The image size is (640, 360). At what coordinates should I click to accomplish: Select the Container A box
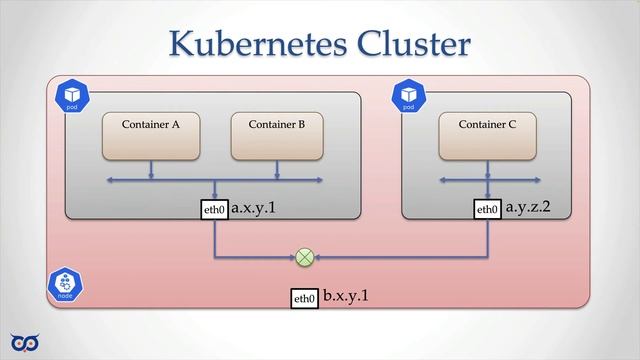[x=151, y=136]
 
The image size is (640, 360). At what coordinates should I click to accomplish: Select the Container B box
[x=277, y=136]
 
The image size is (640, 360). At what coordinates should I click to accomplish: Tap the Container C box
[x=487, y=136]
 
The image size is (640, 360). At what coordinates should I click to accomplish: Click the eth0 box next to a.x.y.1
[x=215, y=210]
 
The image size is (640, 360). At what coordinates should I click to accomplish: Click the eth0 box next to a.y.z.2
[x=487, y=210]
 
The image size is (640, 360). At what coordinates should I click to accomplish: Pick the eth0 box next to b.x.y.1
[x=305, y=298]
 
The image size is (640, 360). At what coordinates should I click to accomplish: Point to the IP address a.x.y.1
[x=252, y=209]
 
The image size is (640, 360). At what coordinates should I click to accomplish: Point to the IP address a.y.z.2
[x=528, y=208]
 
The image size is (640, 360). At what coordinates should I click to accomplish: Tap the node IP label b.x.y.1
[x=345, y=297]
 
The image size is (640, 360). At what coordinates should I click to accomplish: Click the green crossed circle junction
[x=306, y=258]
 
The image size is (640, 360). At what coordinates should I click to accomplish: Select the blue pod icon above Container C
[x=409, y=96]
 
